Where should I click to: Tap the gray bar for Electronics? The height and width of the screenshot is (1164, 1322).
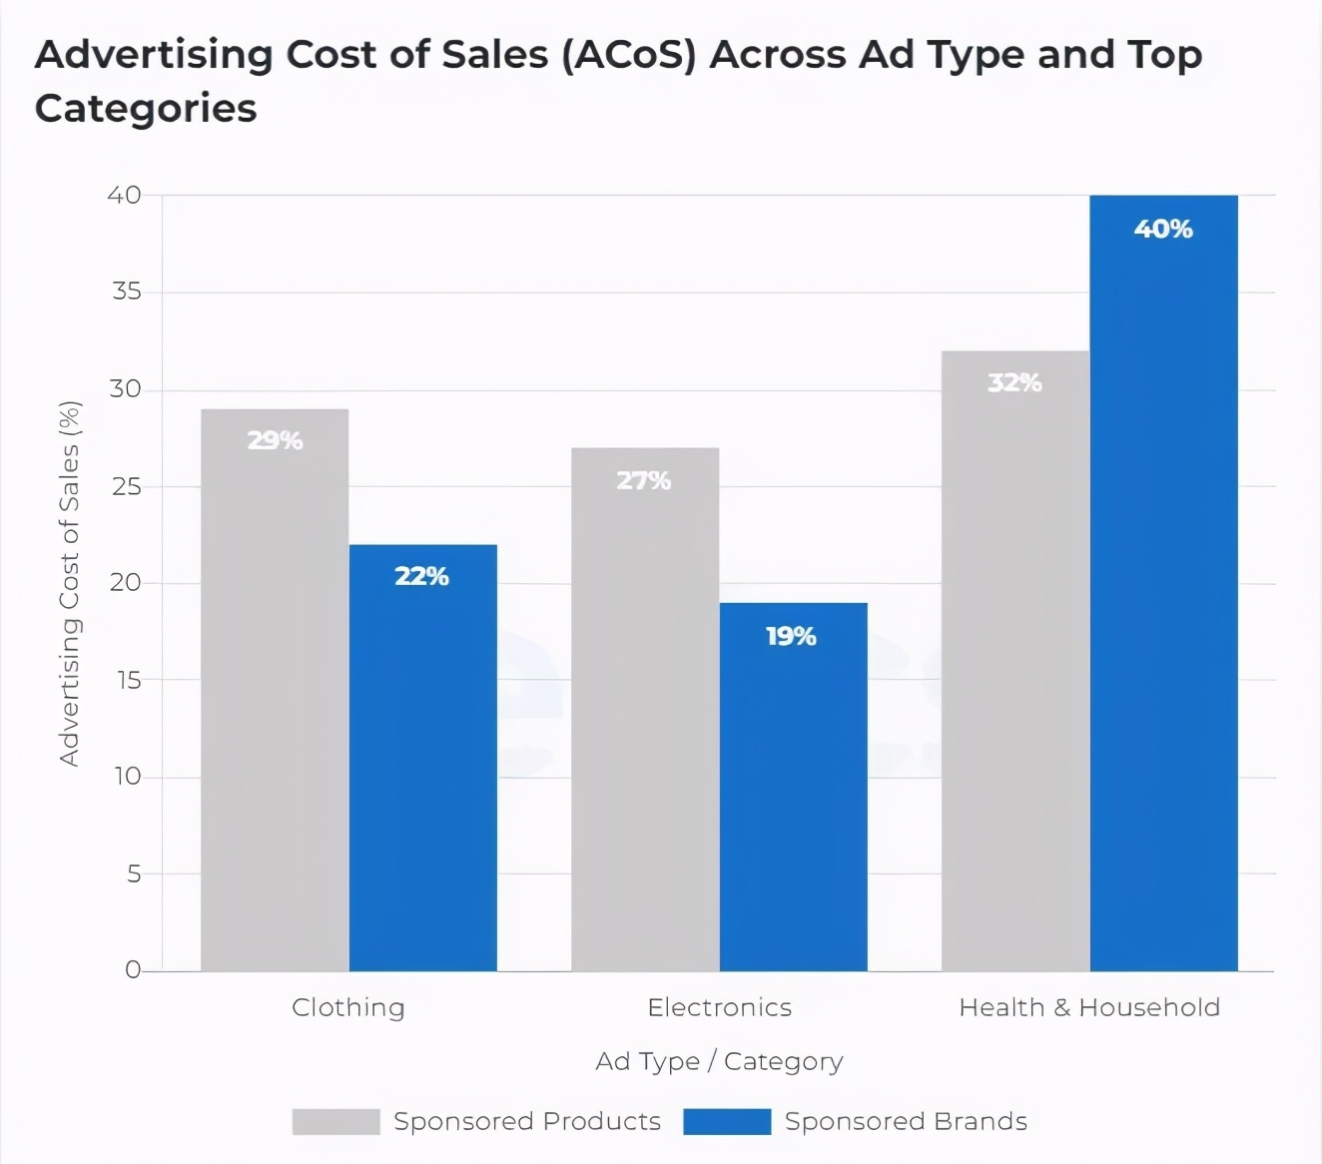[x=645, y=709]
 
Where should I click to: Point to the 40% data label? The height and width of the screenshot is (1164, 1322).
[x=1163, y=230]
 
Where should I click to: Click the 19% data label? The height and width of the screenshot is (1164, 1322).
[x=791, y=637]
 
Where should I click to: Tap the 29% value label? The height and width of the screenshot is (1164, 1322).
[x=275, y=440]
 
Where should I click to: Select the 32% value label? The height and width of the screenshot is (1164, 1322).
[x=1014, y=382]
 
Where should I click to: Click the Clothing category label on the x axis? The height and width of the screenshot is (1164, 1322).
[x=348, y=1007]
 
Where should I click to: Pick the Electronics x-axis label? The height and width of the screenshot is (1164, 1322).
[x=719, y=1007]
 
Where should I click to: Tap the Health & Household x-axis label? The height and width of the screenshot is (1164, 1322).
[x=1089, y=1007]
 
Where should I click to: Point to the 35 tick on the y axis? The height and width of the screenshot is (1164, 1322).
[x=127, y=291]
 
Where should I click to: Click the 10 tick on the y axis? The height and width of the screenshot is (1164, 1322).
[x=127, y=777]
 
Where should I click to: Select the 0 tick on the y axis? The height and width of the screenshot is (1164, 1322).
[x=133, y=970]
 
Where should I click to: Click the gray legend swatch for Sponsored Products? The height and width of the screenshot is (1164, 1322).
[x=335, y=1122]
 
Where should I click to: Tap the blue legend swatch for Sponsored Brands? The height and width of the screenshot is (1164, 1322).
[x=727, y=1122]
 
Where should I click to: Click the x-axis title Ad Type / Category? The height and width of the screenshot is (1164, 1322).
[x=719, y=1061]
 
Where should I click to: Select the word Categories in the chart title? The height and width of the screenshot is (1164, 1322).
[x=146, y=108]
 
